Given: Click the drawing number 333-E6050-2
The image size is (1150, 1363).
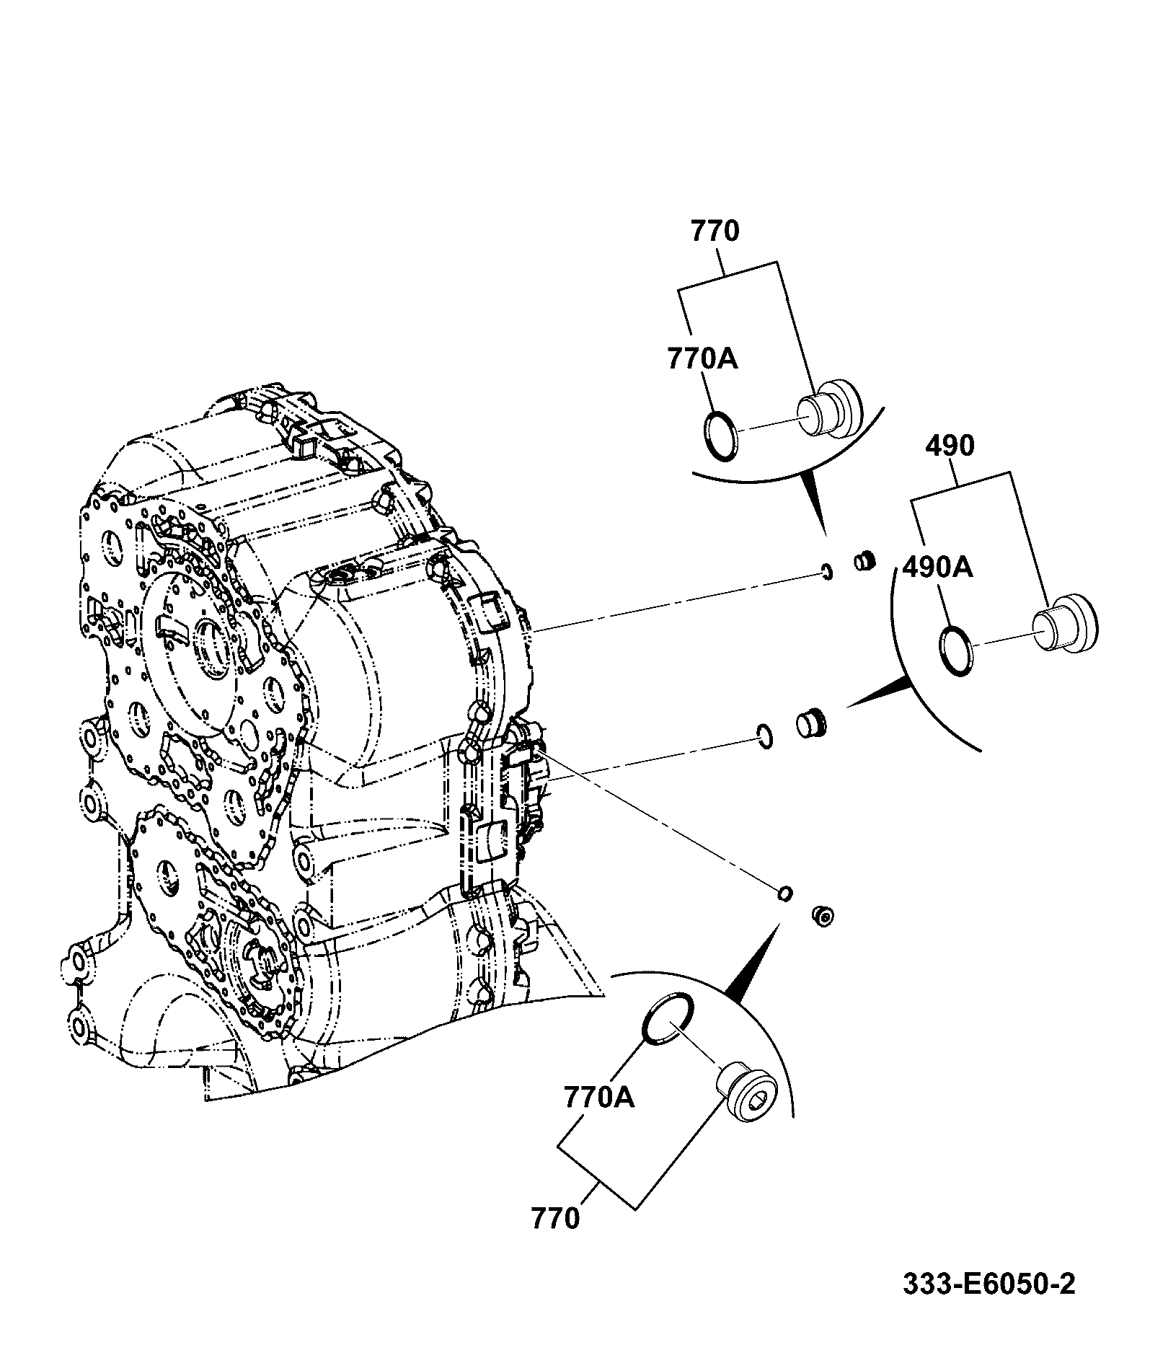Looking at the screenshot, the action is pos(988,1284).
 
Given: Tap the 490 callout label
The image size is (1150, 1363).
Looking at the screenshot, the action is pos(950,446).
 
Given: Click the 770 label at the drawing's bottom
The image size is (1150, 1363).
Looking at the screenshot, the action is pos(555,1218).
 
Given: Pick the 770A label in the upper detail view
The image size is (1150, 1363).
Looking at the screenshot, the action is pos(702,358).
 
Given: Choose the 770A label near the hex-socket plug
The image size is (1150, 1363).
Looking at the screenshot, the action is pos(599,1118).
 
